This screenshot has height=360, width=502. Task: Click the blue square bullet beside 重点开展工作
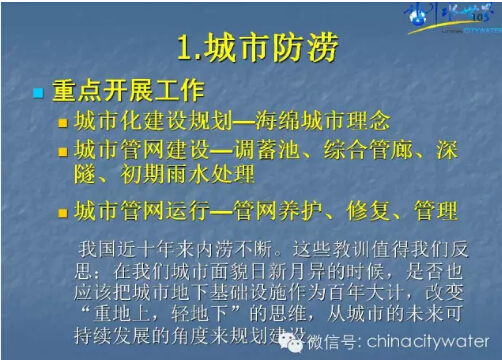pyautogui.click(x=38, y=94)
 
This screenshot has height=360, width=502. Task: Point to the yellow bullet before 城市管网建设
pyautogui.click(x=63, y=153)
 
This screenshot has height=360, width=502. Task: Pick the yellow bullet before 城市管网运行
pyautogui.click(x=63, y=212)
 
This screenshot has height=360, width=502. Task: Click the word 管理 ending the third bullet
pyautogui.click(x=436, y=211)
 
